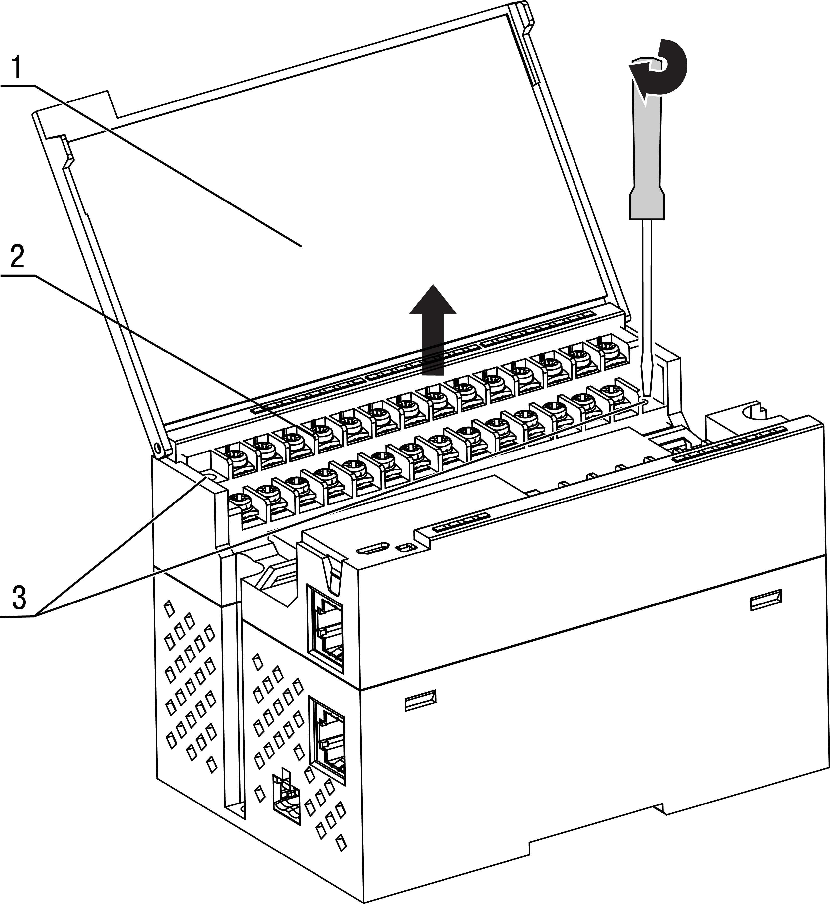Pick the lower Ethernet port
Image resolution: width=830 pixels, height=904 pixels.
tap(328, 745)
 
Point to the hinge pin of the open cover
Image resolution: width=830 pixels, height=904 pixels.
tap(157, 448)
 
